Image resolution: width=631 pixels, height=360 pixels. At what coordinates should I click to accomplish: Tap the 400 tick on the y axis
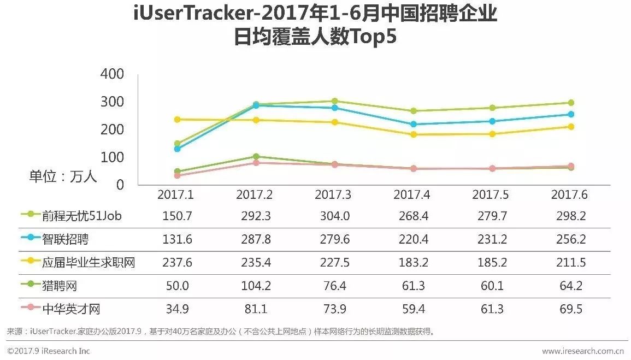[113, 74]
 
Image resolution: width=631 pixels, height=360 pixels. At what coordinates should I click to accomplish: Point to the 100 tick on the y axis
[113, 157]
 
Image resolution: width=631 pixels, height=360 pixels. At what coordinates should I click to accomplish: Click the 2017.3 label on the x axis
[334, 195]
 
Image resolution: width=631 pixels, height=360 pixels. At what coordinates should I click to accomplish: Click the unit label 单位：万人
[63, 176]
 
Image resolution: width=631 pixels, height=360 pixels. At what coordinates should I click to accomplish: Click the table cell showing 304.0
[334, 216]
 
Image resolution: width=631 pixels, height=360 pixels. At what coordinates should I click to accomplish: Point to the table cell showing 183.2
[413, 263]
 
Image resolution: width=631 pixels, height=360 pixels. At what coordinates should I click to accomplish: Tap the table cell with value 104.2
[256, 286]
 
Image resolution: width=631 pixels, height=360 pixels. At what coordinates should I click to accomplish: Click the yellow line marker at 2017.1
[177, 120]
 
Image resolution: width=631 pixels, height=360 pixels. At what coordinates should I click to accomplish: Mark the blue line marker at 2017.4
[413, 125]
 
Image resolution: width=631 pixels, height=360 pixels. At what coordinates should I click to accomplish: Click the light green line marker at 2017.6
[570, 103]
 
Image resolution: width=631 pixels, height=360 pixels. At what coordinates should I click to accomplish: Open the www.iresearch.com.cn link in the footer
[583, 351]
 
